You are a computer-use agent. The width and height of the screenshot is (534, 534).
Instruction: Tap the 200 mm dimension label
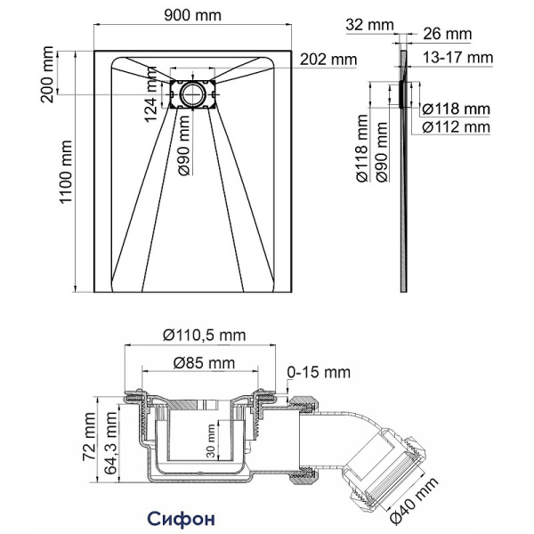(46, 73)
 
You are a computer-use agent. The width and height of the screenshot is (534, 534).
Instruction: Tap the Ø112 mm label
(456, 127)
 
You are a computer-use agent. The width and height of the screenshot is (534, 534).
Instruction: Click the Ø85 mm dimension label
(204, 363)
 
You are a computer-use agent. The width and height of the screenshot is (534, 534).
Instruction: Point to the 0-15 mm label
(319, 371)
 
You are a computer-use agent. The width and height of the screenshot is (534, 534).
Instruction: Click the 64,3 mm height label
(110, 441)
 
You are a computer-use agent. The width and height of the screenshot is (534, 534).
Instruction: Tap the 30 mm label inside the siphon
(209, 440)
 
